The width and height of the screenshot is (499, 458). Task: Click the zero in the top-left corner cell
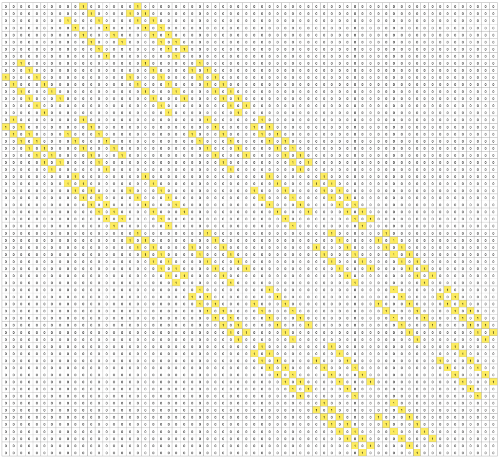[x=5, y=6]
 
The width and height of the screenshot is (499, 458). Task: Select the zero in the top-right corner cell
[x=494, y=6]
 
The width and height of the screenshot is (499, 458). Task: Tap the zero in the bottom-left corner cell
[x=5, y=453]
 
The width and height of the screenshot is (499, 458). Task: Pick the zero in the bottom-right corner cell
[x=494, y=453]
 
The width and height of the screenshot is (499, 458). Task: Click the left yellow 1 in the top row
[x=83, y=6]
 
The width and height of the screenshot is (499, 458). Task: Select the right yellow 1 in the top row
[x=138, y=6]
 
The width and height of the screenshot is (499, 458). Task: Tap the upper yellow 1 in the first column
[x=5, y=77]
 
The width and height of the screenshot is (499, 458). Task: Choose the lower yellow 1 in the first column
[x=5, y=127]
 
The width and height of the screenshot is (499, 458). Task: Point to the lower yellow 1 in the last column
[x=494, y=382]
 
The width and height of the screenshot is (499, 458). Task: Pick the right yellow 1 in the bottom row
[x=418, y=453]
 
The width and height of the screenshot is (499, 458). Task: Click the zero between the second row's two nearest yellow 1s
[x=138, y=13]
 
